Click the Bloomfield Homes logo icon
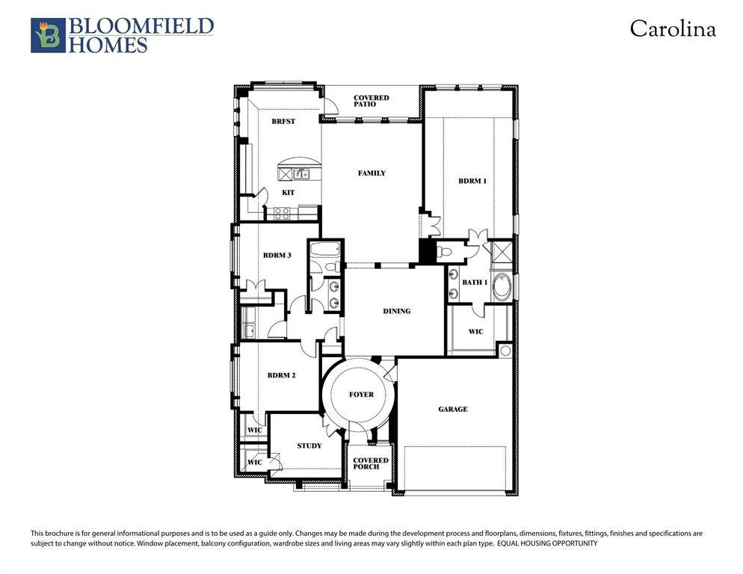click(x=48, y=35)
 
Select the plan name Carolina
click(x=672, y=29)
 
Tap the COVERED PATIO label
click(x=371, y=101)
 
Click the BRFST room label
click(x=283, y=121)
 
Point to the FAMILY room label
click(x=371, y=173)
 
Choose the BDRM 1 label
click(x=472, y=181)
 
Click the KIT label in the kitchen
click(x=288, y=193)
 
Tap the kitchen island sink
click(x=301, y=175)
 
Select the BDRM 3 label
click(x=277, y=256)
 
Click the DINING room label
click(x=396, y=311)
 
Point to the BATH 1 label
click(x=474, y=283)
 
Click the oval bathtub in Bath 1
click(x=502, y=288)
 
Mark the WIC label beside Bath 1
click(x=475, y=331)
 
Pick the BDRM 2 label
click(x=281, y=375)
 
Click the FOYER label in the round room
click(x=361, y=395)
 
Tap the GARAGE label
click(x=453, y=410)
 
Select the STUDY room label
click(x=309, y=446)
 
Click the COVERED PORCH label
click(x=371, y=463)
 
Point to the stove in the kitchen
click(x=282, y=213)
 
